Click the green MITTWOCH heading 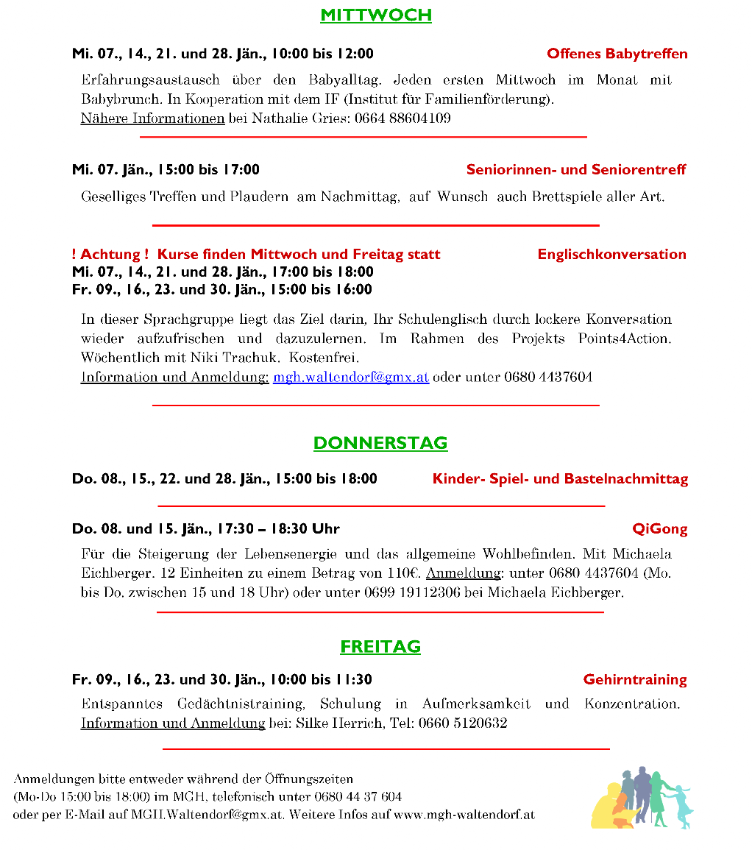375,15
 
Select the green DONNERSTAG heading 380,443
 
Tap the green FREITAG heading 380,647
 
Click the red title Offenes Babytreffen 617,54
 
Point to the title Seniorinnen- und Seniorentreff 576,170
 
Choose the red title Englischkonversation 611,255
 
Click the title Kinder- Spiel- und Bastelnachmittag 560,479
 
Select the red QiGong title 660,529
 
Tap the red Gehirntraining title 635,680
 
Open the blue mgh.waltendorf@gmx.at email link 351,378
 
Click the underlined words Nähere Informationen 152,118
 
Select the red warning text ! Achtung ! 110,255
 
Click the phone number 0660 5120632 463,723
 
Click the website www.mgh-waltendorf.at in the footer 464,815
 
